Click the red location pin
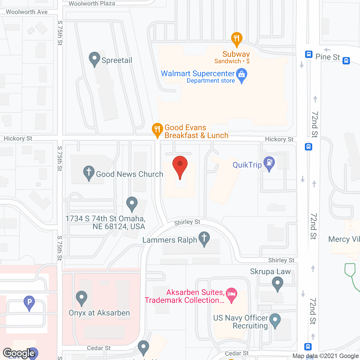[x=180, y=166]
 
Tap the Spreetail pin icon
[x=94, y=59]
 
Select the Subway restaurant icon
[x=237, y=39]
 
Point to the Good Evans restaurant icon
[x=157, y=130]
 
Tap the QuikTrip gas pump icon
[x=269, y=163]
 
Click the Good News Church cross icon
[x=89, y=172]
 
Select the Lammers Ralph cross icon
[x=204, y=238]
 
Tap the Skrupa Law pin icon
[x=278, y=283]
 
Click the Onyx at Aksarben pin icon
[x=82, y=298]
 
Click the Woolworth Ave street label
[x=27, y=12]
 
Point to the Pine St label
[x=328, y=57]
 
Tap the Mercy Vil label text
[x=344, y=239]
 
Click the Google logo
[x=19, y=353]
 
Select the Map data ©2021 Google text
[x=325, y=356]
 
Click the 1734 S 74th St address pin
[x=132, y=203]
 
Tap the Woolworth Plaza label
[x=92, y=4]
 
